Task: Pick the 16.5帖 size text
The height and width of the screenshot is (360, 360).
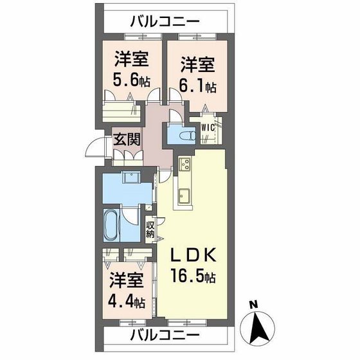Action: click(192, 278)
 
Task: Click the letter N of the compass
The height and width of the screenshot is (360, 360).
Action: click(253, 305)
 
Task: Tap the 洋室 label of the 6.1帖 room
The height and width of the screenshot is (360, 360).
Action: click(197, 65)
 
